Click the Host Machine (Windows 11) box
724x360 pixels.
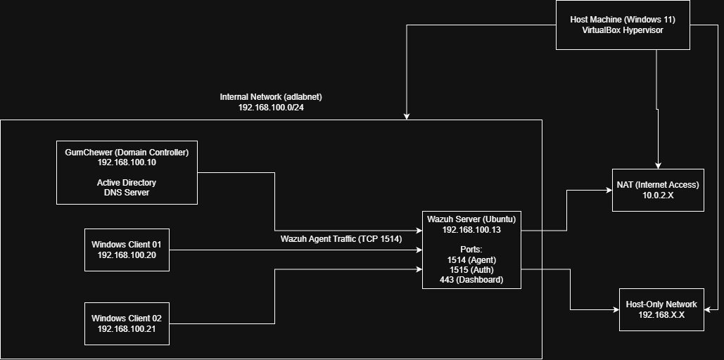point(623,25)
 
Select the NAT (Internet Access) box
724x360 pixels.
point(658,190)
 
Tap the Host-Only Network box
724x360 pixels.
point(661,310)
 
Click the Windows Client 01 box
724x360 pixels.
point(127,250)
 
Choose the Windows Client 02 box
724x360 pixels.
point(127,323)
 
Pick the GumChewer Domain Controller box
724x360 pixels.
point(127,172)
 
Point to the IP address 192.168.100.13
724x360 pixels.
point(471,230)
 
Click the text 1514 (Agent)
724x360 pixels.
point(471,259)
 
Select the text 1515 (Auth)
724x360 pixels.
point(471,269)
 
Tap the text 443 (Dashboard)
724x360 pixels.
point(471,279)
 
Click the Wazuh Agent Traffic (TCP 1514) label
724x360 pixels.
point(341,239)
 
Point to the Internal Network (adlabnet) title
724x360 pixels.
point(271,96)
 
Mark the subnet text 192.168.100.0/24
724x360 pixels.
point(271,107)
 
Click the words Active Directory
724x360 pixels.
point(127,183)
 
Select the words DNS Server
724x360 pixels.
point(127,193)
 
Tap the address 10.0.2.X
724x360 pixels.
point(658,195)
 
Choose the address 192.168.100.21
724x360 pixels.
point(127,329)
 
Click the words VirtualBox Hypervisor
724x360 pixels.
point(623,30)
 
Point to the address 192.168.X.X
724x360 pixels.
point(661,316)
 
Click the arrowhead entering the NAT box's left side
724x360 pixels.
point(609,190)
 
